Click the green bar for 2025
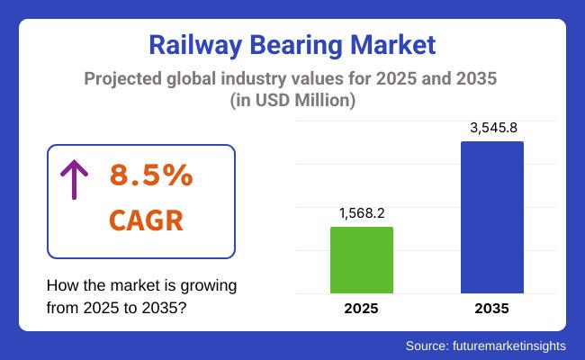pos(362,260)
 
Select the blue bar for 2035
pos(491,217)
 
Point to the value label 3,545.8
pos(492,128)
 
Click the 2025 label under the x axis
pos(362,309)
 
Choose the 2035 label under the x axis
pos(491,309)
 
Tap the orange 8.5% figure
pos(150,175)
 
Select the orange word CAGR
pos(146,220)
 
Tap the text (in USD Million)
pos(292,102)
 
